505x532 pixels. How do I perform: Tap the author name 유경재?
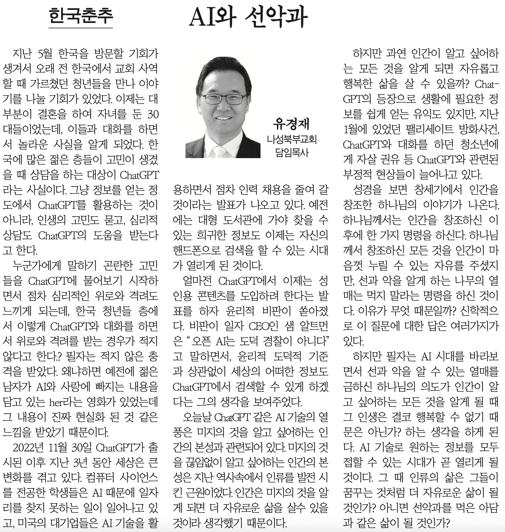(291, 124)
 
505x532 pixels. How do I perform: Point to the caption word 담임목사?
(291, 152)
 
